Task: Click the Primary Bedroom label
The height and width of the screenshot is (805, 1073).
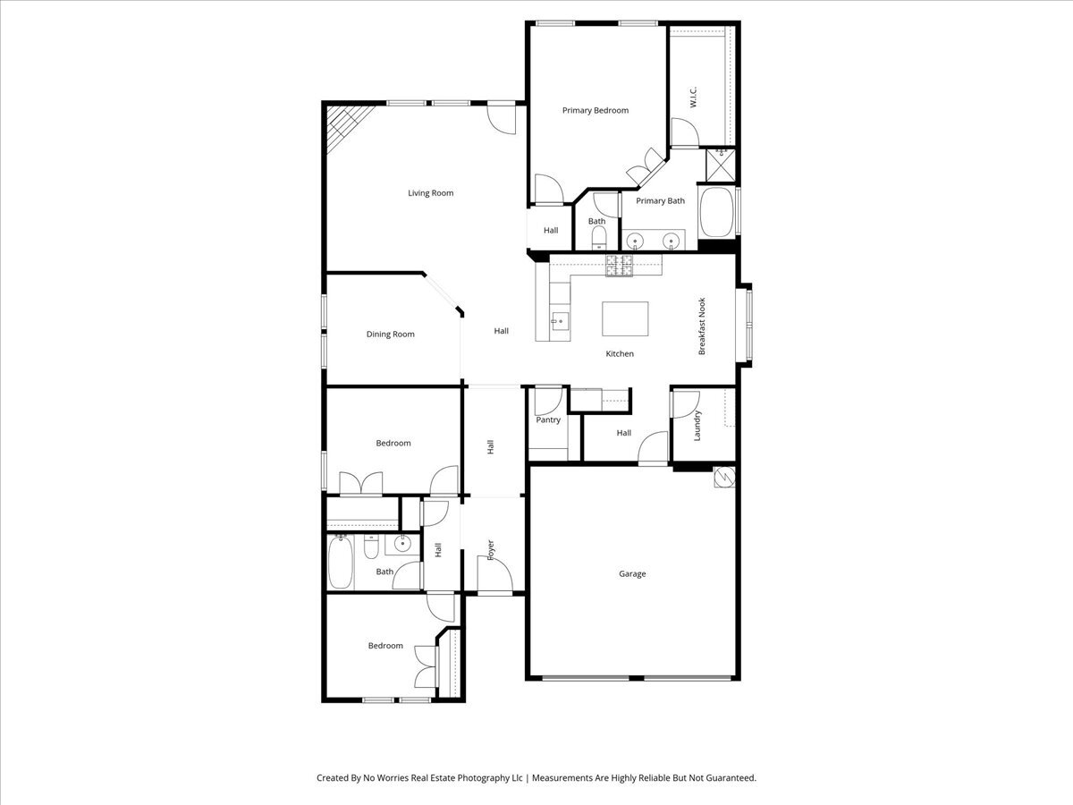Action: (x=595, y=111)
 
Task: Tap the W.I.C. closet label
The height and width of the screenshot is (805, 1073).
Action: (x=693, y=98)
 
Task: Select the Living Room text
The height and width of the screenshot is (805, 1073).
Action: (x=430, y=193)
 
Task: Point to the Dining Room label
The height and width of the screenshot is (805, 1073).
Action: (x=391, y=335)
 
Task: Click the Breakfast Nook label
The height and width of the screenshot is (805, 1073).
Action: (x=702, y=326)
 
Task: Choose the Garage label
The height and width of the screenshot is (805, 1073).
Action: (x=632, y=574)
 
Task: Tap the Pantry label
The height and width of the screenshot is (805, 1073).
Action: (x=548, y=420)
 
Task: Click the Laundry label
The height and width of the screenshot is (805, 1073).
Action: (x=697, y=425)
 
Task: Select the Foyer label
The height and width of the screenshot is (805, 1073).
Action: (x=491, y=548)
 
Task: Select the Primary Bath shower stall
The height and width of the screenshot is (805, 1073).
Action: (x=720, y=164)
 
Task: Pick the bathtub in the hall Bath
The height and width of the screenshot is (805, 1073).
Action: (x=340, y=560)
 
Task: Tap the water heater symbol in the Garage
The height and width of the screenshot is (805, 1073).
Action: (x=723, y=478)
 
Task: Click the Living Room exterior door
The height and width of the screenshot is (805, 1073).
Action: (x=503, y=119)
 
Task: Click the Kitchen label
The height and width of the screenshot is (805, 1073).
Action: (x=620, y=354)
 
